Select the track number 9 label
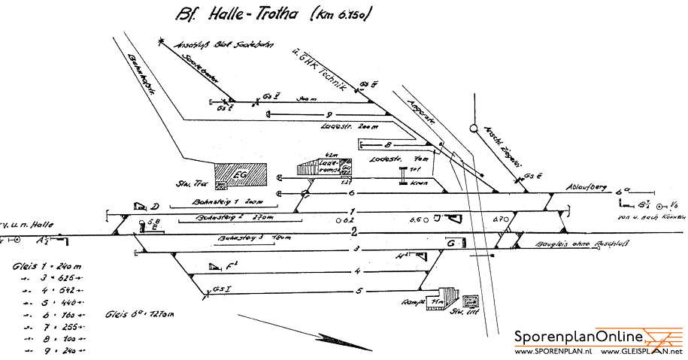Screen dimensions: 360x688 point(268,114)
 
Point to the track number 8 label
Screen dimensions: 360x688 point(387,144)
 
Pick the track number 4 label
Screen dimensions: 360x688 point(359,271)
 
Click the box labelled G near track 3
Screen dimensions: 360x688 point(452,243)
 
